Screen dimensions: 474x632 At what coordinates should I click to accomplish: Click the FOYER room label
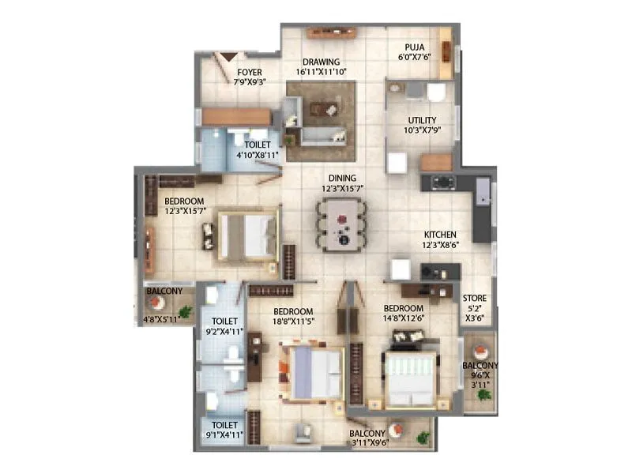249,72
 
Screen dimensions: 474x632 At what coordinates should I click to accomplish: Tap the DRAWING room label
322,62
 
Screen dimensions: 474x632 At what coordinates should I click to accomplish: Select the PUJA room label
415,47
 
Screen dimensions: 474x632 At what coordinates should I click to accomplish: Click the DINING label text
342,178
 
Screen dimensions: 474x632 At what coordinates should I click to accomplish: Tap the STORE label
475,298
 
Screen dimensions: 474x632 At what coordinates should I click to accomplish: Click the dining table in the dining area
340,224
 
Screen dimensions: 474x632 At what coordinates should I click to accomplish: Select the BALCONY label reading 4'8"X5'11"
164,320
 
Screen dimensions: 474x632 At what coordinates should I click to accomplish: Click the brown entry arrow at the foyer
229,57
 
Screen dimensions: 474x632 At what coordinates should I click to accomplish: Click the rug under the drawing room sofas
320,121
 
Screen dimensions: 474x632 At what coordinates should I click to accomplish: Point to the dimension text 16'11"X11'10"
322,73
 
